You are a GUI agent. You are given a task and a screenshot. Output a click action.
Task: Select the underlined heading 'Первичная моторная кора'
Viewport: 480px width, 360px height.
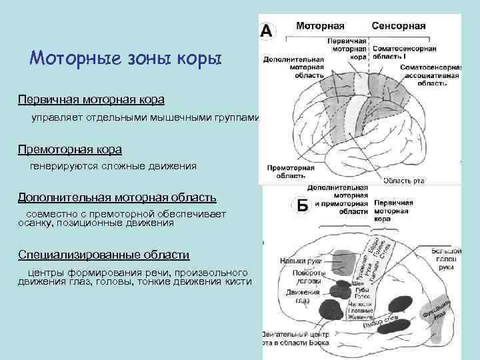pos(91,99)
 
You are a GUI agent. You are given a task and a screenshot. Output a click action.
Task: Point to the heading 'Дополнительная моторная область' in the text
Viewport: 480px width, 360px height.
pos(117,198)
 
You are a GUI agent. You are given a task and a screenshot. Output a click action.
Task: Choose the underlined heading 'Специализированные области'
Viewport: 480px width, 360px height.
pos(104,255)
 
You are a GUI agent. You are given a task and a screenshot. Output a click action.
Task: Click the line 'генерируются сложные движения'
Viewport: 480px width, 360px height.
pos(113,166)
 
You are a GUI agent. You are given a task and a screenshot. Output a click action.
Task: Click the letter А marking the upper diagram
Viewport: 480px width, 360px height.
pos(267,31)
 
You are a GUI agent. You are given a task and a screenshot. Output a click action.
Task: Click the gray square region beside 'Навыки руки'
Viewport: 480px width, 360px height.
pos(344,261)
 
